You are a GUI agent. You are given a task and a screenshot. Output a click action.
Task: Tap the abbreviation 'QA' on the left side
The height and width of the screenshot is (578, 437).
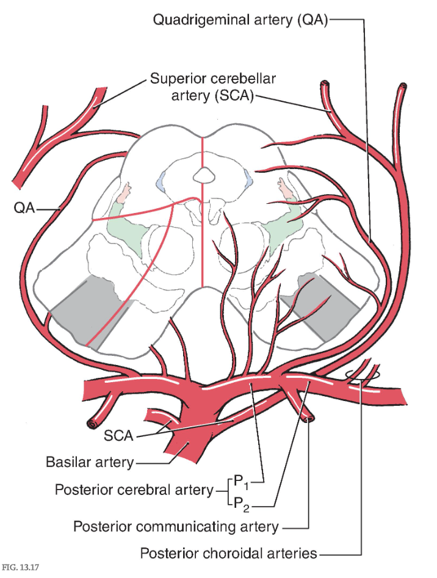coord(24,209)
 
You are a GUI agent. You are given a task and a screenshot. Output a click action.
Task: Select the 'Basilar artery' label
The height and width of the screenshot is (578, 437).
coord(90,462)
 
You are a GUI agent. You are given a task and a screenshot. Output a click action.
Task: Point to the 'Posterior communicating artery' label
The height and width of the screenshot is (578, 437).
coord(176,526)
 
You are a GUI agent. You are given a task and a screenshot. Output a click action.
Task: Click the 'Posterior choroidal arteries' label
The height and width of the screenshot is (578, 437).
coord(229,554)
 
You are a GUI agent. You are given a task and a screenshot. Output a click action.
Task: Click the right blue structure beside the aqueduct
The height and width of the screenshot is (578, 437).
coord(247,178)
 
